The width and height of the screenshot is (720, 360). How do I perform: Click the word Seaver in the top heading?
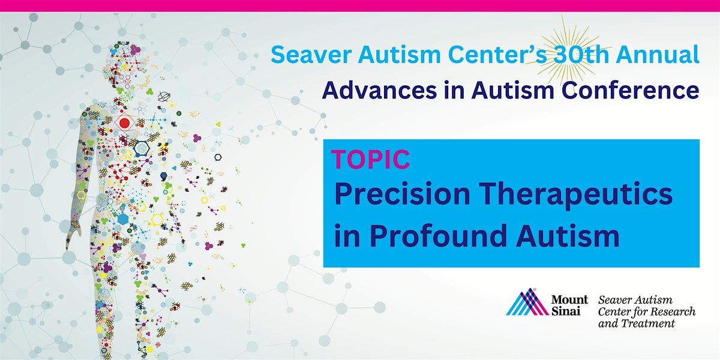pyautogui.click(x=311, y=55)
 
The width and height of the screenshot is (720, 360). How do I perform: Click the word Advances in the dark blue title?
pyautogui.click(x=379, y=90)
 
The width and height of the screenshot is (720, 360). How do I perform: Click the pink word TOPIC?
pyautogui.click(x=371, y=159)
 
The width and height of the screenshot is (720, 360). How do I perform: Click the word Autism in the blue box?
pyautogui.click(x=568, y=236)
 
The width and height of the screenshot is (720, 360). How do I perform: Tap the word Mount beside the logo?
pyautogui.click(x=569, y=299)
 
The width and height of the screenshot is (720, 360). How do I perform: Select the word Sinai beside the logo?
pyautogui.click(x=566, y=311)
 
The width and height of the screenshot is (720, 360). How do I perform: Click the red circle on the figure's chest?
pyautogui.click(x=124, y=123)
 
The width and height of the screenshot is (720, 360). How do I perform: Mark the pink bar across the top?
pyautogui.click(x=360, y=6)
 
